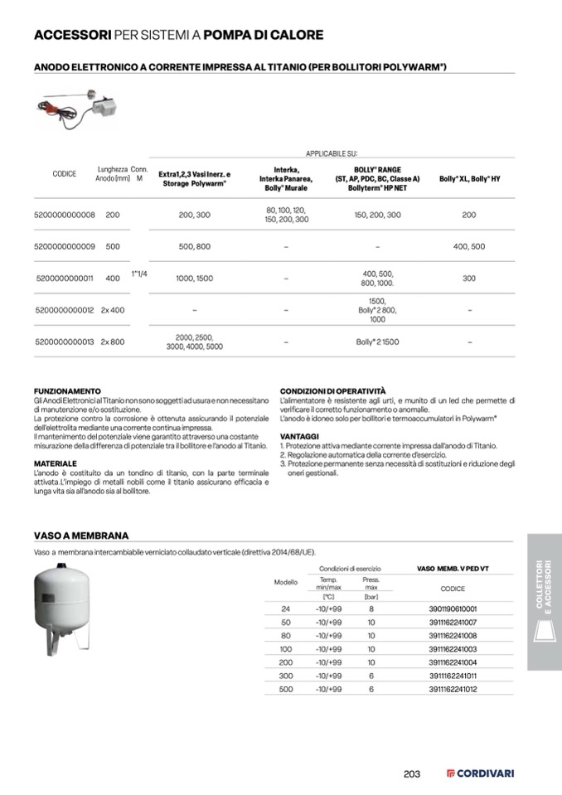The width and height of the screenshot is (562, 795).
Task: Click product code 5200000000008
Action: coord(65,215)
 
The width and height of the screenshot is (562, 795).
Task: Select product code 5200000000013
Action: coord(65,342)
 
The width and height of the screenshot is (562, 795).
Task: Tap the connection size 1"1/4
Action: coord(138,274)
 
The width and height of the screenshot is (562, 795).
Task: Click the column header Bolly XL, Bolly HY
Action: coord(469,179)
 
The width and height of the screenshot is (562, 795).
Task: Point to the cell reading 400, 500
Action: coord(469,246)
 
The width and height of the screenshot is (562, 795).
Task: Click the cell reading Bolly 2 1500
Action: coord(377,342)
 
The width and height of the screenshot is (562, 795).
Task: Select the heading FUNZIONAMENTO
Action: coord(67,390)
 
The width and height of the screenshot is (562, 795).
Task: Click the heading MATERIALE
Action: coord(55,463)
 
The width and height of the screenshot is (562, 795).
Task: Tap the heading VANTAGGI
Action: coord(299,435)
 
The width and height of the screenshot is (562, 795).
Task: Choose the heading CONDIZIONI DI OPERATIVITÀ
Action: coord(332,390)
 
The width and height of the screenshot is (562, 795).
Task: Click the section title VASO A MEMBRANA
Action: coord(80,536)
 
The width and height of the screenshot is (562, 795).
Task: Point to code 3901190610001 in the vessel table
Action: coord(453,608)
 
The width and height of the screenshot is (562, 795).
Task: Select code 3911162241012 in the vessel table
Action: coord(453,689)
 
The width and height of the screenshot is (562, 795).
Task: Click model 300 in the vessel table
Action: coord(286,676)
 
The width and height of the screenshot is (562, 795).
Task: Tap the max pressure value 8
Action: coord(371,608)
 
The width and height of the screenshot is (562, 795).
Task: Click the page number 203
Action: coord(412,773)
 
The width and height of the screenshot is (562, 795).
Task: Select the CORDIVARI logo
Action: coord(481,773)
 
